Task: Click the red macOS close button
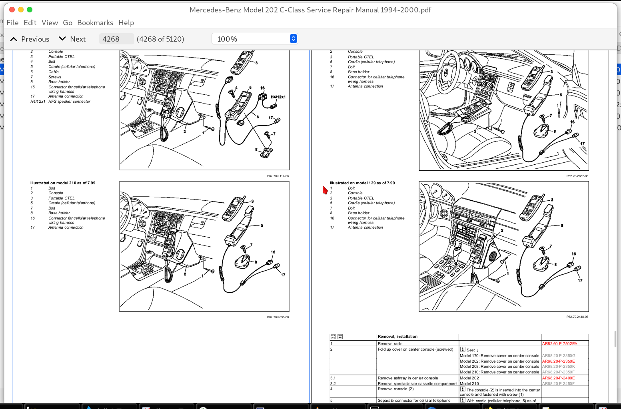(x=12, y=10)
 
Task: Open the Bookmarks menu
(x=95, y=23)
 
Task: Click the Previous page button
(x=30, y=39)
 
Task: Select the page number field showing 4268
(x=116, y=39)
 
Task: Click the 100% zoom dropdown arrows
(x=294, y=39)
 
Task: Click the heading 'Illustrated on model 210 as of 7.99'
(x=63, y=183)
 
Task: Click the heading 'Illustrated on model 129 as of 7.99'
(x=362, y=183)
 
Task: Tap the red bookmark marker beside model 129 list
(x=325, y=190)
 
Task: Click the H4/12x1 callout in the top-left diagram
(x=278, y=97)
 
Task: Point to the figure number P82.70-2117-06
(x=278, y=176)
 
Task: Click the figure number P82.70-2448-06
(x=577, y=317)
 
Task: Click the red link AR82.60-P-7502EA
(x=559, y=343)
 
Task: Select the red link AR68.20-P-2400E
(x=558, y=378)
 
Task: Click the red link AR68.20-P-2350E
(x=558, y=361)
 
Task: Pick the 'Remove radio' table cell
(x=390, y=343)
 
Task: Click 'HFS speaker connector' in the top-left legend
(x=69, y=102)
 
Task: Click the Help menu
(x=126, y=23)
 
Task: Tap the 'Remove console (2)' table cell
(x=395, y=389)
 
